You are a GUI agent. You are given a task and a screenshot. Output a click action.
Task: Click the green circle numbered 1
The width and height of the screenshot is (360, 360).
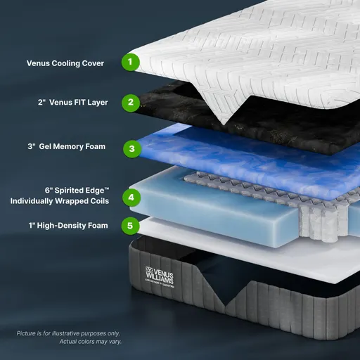tap(129, 63)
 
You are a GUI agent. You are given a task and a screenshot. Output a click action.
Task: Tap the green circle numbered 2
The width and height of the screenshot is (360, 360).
tap(129, 103)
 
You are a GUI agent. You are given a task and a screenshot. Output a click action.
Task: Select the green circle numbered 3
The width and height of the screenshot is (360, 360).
tap(131, 148)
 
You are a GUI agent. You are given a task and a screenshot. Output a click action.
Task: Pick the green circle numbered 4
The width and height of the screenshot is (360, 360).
tap(131, 198)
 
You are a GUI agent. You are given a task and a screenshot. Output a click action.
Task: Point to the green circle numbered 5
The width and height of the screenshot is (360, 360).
tap(129, 226)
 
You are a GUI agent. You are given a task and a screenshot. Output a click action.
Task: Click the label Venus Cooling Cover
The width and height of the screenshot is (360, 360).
tap(65, 63)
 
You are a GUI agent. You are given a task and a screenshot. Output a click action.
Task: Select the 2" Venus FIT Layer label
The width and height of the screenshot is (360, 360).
tap(74, 103)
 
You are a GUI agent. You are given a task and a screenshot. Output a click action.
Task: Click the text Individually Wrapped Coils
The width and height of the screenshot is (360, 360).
tap(60, 201)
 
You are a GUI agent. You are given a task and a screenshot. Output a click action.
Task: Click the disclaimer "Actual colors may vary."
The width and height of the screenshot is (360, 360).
tap(86, 342)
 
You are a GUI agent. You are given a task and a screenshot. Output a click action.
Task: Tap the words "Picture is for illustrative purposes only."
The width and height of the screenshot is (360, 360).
tap(68, 333)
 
